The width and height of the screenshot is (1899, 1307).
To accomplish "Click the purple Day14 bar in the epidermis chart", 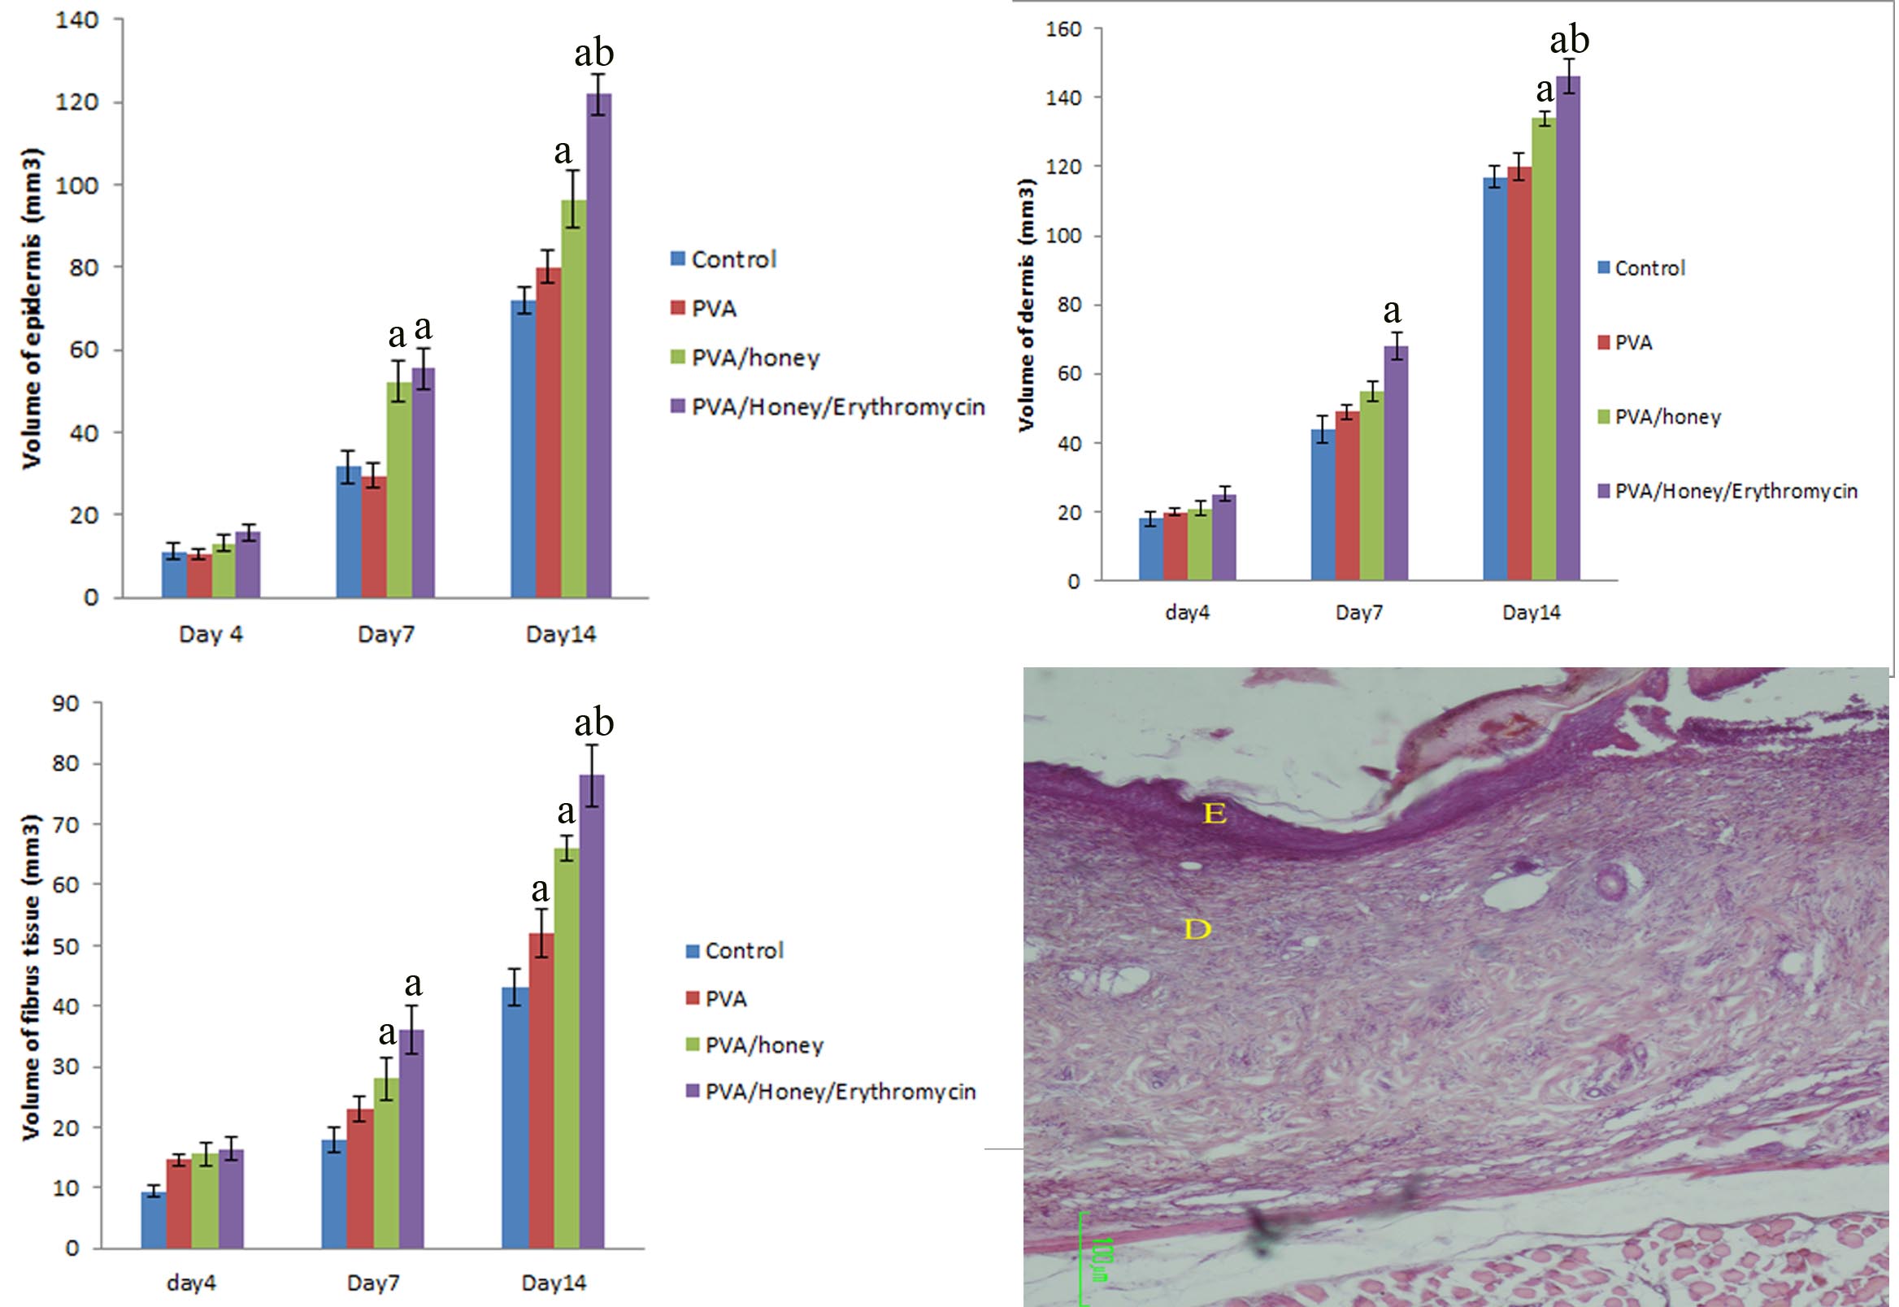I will click(x=598, y=344).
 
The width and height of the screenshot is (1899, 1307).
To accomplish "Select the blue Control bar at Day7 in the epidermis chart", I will click(x=348, y=532).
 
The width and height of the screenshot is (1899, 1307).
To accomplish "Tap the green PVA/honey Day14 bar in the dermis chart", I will click(x=1544, y=349).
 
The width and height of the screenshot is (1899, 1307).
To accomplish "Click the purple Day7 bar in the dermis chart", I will click(x=1395, y=462).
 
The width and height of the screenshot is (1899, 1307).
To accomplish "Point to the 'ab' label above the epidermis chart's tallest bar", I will click(x=593, y=53).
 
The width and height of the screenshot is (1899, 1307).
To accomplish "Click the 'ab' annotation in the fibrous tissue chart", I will click(x=593, y=723).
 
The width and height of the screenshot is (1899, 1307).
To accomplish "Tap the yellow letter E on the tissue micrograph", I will click(x=1215, y=813).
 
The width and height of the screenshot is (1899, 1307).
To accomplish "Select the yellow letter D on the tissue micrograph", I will click(x=1197, y=929).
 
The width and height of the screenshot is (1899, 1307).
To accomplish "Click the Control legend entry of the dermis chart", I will click(x=1642, y=267).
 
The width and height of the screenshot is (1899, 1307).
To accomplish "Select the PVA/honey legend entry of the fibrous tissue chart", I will click(x=754, y=1045).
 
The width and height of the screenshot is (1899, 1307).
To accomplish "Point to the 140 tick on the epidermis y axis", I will click(x=77, y=20).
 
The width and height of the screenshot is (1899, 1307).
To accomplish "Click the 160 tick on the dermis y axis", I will click(x=1064, y=29).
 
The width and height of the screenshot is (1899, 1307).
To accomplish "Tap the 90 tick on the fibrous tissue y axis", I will click(x=66, y=702).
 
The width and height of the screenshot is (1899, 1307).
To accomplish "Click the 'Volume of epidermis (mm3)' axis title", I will click(x=32, y=308).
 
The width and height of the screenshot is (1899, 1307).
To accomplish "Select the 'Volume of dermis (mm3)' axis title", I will click(x=1026, y=305).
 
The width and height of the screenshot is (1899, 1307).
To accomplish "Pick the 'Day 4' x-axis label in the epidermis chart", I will click(x=211, y=634).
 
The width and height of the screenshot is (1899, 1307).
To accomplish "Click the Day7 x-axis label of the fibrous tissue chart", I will click(x=372, y=1282).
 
